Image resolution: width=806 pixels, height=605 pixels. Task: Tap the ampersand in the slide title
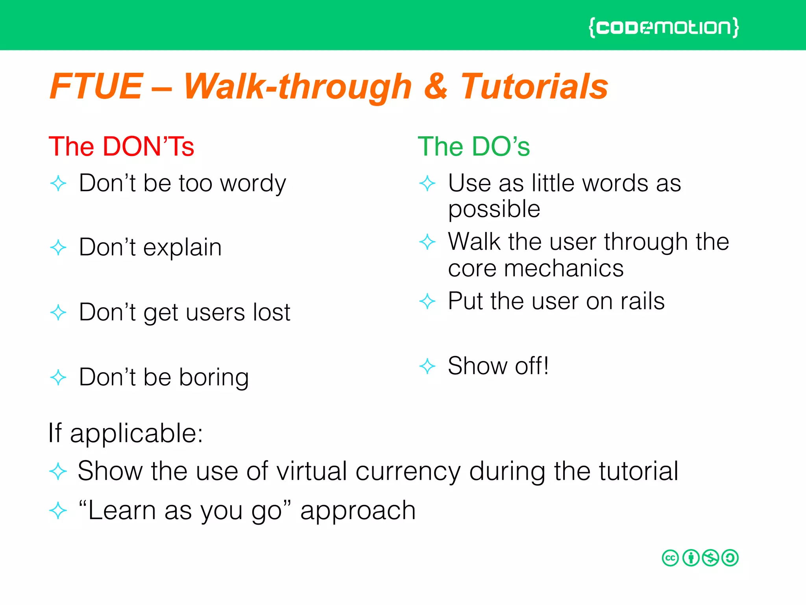tap(436, 86)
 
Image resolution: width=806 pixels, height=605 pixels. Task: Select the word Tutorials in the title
tap(534, 86)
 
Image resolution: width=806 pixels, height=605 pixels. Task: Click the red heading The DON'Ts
tap(121, 147)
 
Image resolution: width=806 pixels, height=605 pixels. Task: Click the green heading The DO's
tap(473, 147)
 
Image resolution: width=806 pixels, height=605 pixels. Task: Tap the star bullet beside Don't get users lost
tap(58, 312)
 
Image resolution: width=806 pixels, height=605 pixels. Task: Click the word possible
tap(494, 210)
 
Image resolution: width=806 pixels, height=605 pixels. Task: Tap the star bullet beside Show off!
tap(427, 366)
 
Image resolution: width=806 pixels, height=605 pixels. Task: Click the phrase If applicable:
tap(125, 433)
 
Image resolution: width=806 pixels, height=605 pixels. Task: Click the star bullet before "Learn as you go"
tap(58, 511)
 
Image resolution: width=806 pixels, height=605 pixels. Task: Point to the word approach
tap(358, 511)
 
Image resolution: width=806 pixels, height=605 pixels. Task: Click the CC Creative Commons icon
tap(670, 558)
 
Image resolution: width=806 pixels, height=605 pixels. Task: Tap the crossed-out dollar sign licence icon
tap(710, 558)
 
